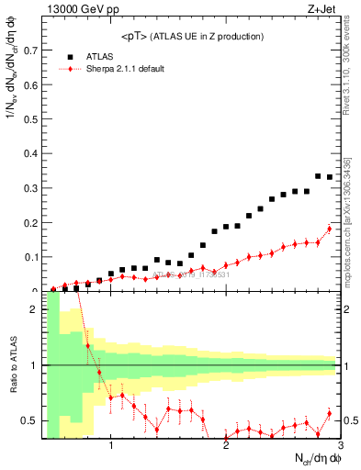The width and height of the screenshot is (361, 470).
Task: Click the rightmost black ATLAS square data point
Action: pos(330,177)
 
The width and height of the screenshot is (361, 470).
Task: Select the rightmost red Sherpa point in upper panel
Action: pos(330,229)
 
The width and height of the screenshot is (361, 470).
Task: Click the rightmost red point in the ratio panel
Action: pos(330,413)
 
